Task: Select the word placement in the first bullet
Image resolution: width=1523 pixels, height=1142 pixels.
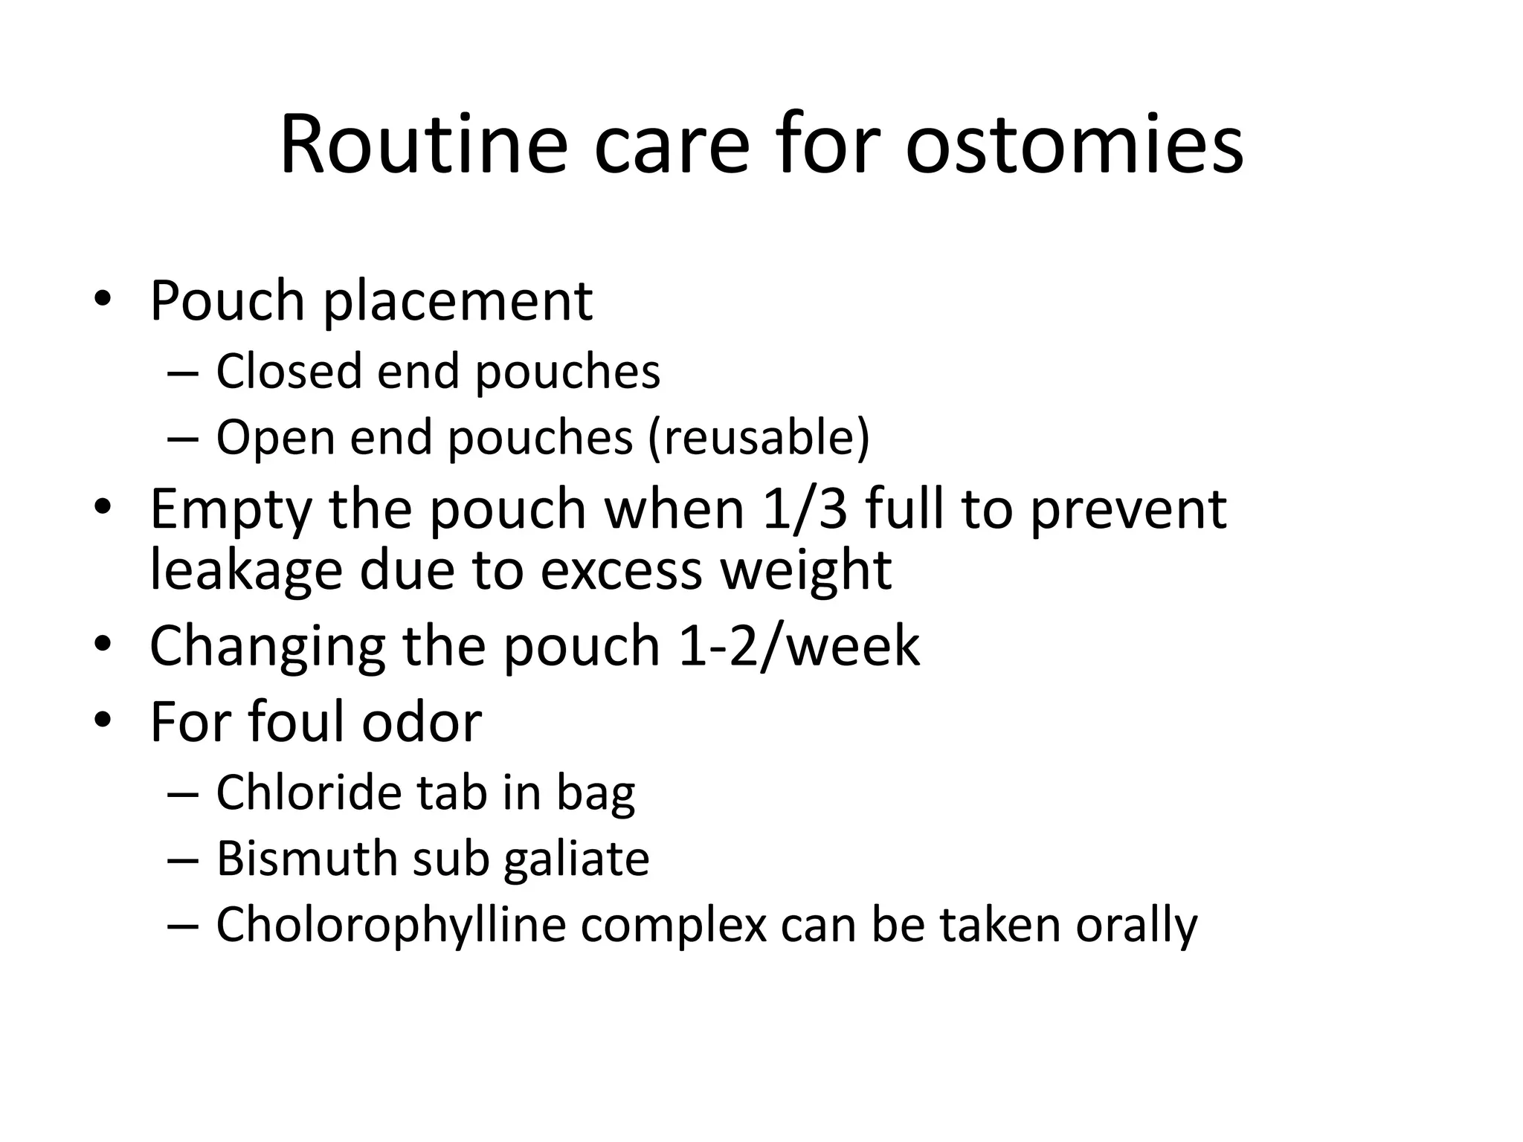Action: coord(457,302)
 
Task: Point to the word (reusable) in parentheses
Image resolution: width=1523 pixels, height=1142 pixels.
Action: coord(758,438)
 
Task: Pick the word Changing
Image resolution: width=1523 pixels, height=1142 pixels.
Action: coord(267,645)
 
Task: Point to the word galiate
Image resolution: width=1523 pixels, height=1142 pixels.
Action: coord(576,859)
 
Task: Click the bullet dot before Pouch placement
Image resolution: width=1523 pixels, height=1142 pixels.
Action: coord(102,300)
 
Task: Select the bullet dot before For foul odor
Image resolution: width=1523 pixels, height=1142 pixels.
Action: coord(102,720)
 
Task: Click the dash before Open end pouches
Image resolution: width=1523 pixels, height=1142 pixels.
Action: coord(183,438)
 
